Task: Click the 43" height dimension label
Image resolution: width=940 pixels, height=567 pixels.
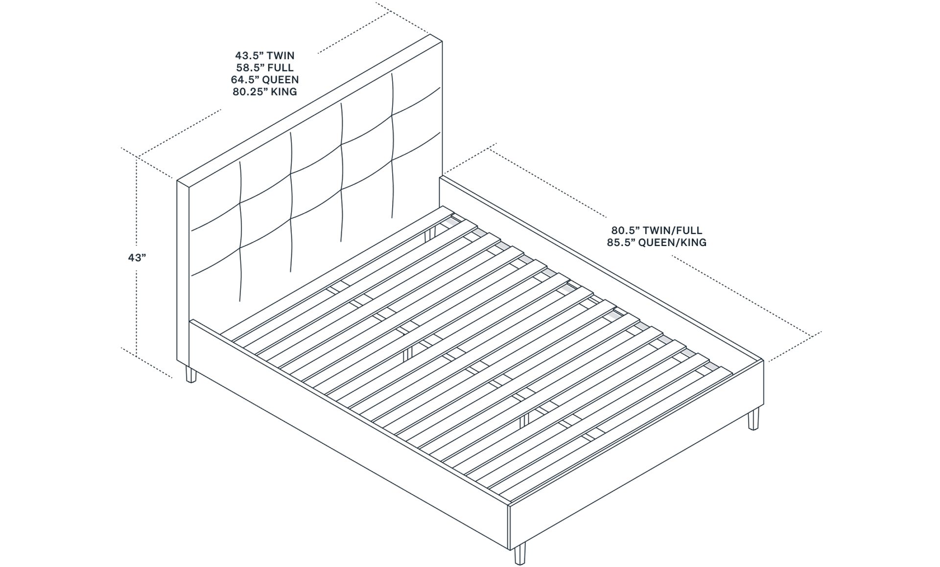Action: pyautogui.click(x=137, y=258)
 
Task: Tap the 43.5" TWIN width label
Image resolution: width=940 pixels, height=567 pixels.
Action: pyautogui.click(x=264, y=56)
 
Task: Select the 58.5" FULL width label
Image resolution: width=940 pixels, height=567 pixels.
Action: pyautogui.click(x=264, y=68)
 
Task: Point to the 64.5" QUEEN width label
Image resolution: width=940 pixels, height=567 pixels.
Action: pyautogui.click(x=264, y=79)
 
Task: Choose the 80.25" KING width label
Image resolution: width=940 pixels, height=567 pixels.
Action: pyautogui.click(x=264, y=91)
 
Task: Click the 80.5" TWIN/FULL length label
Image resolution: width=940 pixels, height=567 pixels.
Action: pyautogui.click(x=656, y=230)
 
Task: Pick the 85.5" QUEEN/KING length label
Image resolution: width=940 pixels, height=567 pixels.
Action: pyautogui.click(x=656, y=242)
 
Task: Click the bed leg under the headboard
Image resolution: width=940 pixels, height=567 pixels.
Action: pyautogui.click(x=190, y=374)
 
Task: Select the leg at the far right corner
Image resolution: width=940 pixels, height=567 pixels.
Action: pyautogui.click(x=753, y=419)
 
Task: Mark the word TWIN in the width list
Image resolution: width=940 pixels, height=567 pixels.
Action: pyautogui.click(x=280, y=56)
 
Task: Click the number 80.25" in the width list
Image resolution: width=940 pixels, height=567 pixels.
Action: pyautogui.click(x=249, y=91)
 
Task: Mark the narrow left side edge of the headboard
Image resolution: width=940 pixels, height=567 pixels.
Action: pyautogui.click(x=182, y=274)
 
